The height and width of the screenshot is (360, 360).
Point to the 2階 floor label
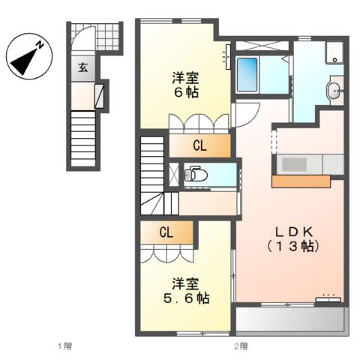click(x=240, y=346)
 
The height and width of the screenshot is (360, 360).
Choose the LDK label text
click(x=293, y=231)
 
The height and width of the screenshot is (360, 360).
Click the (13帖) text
click(x=293, y=246)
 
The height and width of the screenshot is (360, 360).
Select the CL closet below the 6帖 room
click(x=199, y=145)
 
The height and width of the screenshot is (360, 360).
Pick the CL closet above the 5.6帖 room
click(x=166, y=232)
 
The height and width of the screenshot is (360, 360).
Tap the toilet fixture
click(x=196, y=174)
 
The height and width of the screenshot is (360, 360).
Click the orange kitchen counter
click(x=301, y=181)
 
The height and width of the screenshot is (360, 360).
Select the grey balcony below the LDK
click(x=291, y=320)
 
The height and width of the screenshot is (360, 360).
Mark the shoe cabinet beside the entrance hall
click(x=98, y=94)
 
